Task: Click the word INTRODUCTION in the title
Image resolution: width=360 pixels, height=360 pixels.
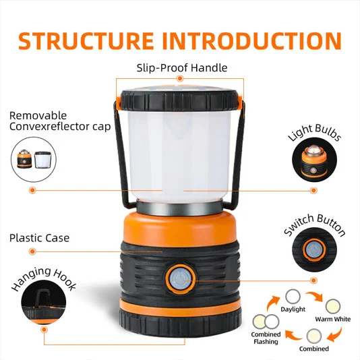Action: (x=250, y=40)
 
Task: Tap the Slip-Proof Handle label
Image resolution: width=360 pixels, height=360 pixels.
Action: (x=181, y=68)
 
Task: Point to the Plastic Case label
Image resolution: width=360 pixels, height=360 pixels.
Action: (x=39, y=238)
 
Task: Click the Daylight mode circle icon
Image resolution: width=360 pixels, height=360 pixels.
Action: (x=293, y=296)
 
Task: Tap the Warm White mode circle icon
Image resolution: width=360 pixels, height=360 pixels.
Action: (x=332, y=305)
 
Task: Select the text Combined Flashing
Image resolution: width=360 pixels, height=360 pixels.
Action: (x=266, y=338)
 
